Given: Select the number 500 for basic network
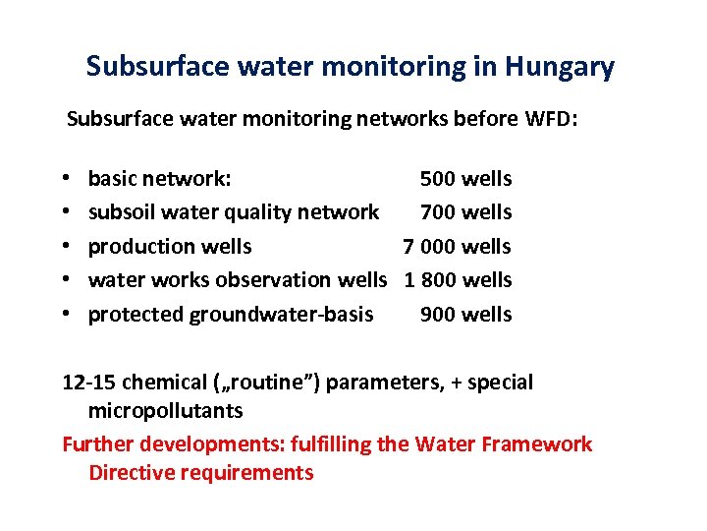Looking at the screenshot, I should pyautogui.click(x=438, y=179).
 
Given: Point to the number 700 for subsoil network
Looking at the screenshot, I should pyautogui.click(x=438, y=212).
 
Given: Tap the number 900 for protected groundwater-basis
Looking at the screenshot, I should pyautogui.click(x=438, y=315).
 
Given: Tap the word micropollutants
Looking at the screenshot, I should pyautogui.click(x=165, y=410).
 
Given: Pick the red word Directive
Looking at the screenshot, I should pyautogui.click(x=128, y=473).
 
